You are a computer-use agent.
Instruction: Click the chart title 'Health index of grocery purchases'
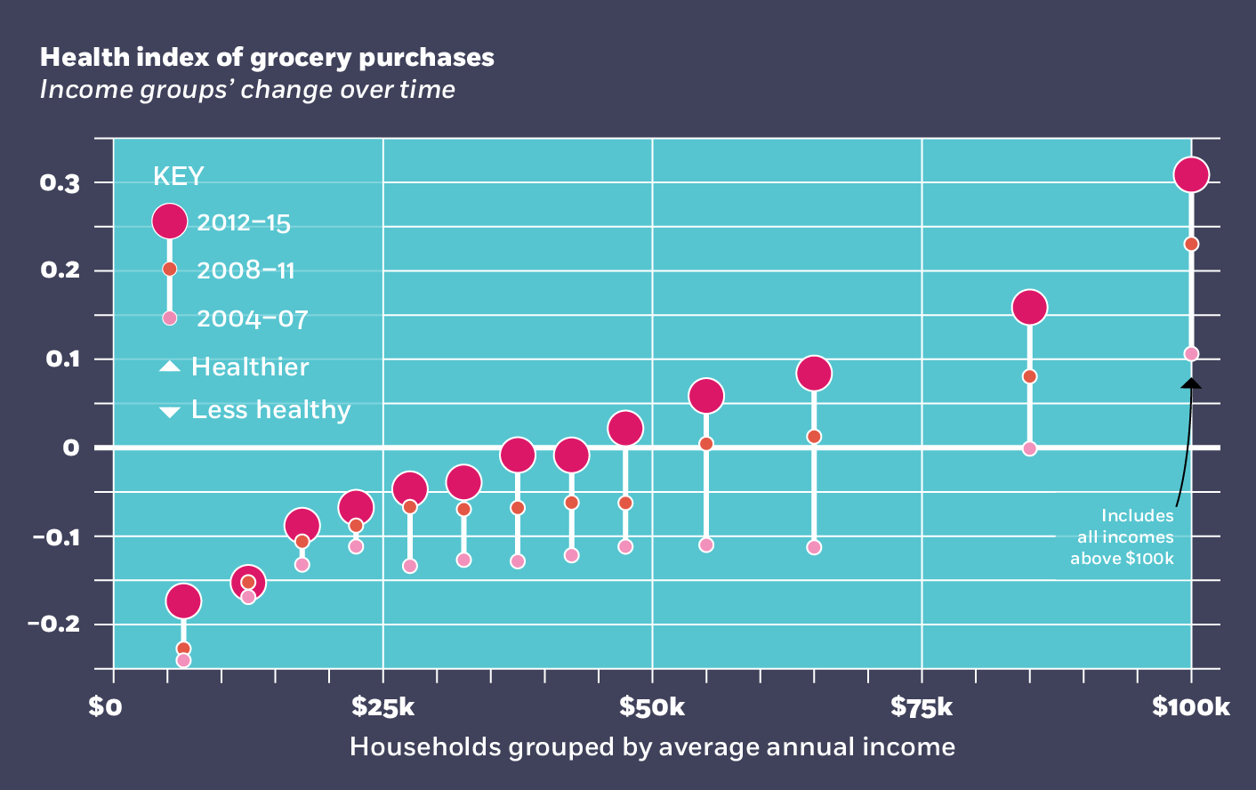[x=267, y=58]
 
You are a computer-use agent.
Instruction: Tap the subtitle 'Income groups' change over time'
[x=247, y=90]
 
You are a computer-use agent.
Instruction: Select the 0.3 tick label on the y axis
[x=60, y=183]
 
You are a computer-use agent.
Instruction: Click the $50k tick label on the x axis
[x=652, y=707]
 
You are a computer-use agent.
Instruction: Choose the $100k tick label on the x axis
[x=1190, y=707]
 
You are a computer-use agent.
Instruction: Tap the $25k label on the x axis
[x=382, y=707]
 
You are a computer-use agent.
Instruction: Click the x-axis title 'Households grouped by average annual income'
[x=652, y=746]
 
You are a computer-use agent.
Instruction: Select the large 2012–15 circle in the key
[x=169, y=222]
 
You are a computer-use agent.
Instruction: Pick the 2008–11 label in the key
[x=246, y=270]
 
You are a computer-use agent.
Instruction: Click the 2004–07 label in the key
[x=252, y=318]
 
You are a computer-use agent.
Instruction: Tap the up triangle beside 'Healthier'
[x=169, y=367]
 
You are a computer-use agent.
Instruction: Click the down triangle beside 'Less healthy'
[x=169, y=411]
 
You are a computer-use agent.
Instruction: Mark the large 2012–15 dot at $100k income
[x=1191, y=174]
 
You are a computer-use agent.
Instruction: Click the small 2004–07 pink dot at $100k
[x=1191, y=354]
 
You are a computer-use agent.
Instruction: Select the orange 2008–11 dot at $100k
[x=1191, y=245]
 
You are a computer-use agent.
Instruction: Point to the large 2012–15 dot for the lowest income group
[x=183, y=601]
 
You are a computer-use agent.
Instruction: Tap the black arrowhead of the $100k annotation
[x=1191, y=383]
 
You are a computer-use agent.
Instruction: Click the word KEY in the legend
[x=178, y=177]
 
